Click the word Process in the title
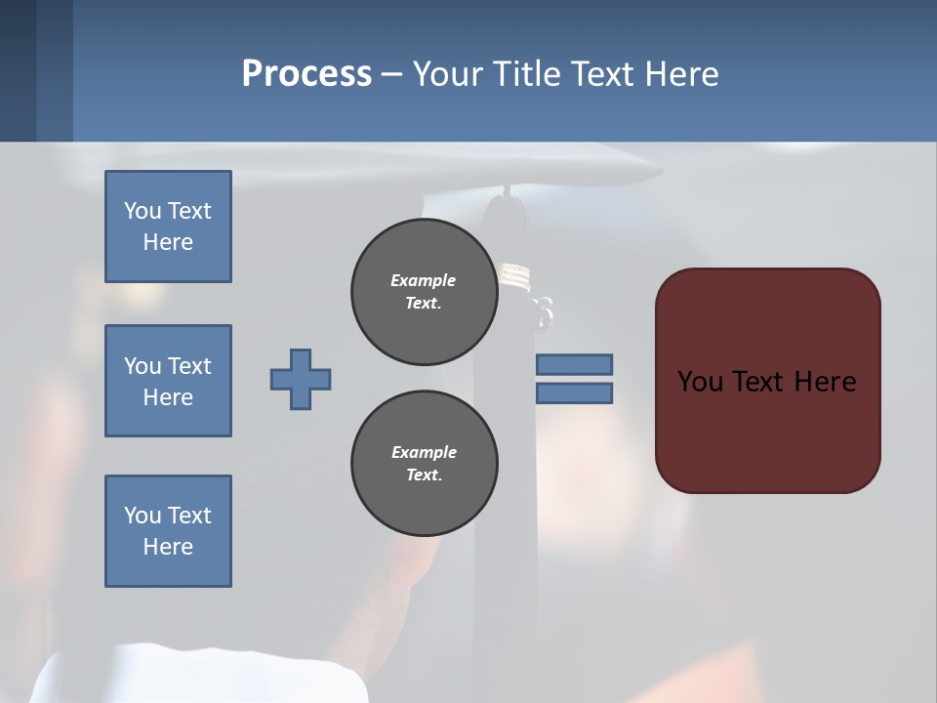tap(306, 74)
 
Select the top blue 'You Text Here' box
tap(168, 227)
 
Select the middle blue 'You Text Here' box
tap(168, 381)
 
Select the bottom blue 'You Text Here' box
tap(168, 531)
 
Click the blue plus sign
tap(301, 379)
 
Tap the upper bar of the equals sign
tap(574, 364)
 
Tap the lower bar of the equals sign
tap(574, 393)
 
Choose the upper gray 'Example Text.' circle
tap(424, 292)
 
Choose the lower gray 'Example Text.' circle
tap(424, 464)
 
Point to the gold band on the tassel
tap(514, 277)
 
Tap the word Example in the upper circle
tap(424, 280)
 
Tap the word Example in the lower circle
tap(424, 452)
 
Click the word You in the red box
tap(700, 382)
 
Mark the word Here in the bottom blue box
tap(168, 547)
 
